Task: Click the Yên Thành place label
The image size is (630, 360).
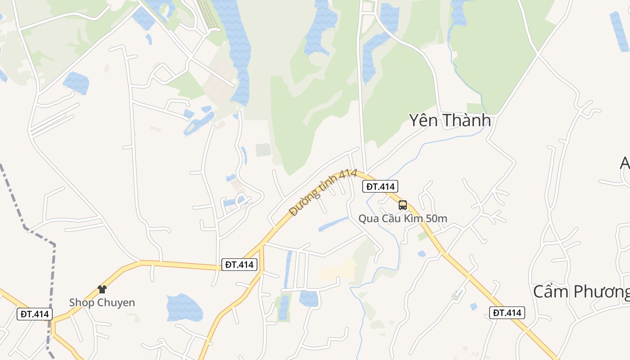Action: click(x=449, y=121)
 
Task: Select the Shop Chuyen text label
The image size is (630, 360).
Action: click(x=102, y=302)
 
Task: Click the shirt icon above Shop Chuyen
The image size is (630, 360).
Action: click(x=102, y=289)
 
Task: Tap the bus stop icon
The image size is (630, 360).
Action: click(x=403, y=205)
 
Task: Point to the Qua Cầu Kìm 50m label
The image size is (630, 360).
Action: click(x=402, y=219)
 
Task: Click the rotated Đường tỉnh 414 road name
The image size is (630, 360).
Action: click(x=323, y=192)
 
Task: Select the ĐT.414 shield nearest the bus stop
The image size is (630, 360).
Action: click(x=380, y=186)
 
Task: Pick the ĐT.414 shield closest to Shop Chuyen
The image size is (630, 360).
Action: click(x=35, y=314)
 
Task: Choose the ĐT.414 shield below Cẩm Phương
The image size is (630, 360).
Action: click(x=507, y=313)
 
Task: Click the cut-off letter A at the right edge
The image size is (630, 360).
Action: click(x=625, y=163)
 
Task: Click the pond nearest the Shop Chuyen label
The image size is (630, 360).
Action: click(x=184, y=307)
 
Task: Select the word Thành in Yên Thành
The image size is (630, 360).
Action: click(x=468, y=121)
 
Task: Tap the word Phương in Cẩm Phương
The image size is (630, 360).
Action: click(x=603, y=292)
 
